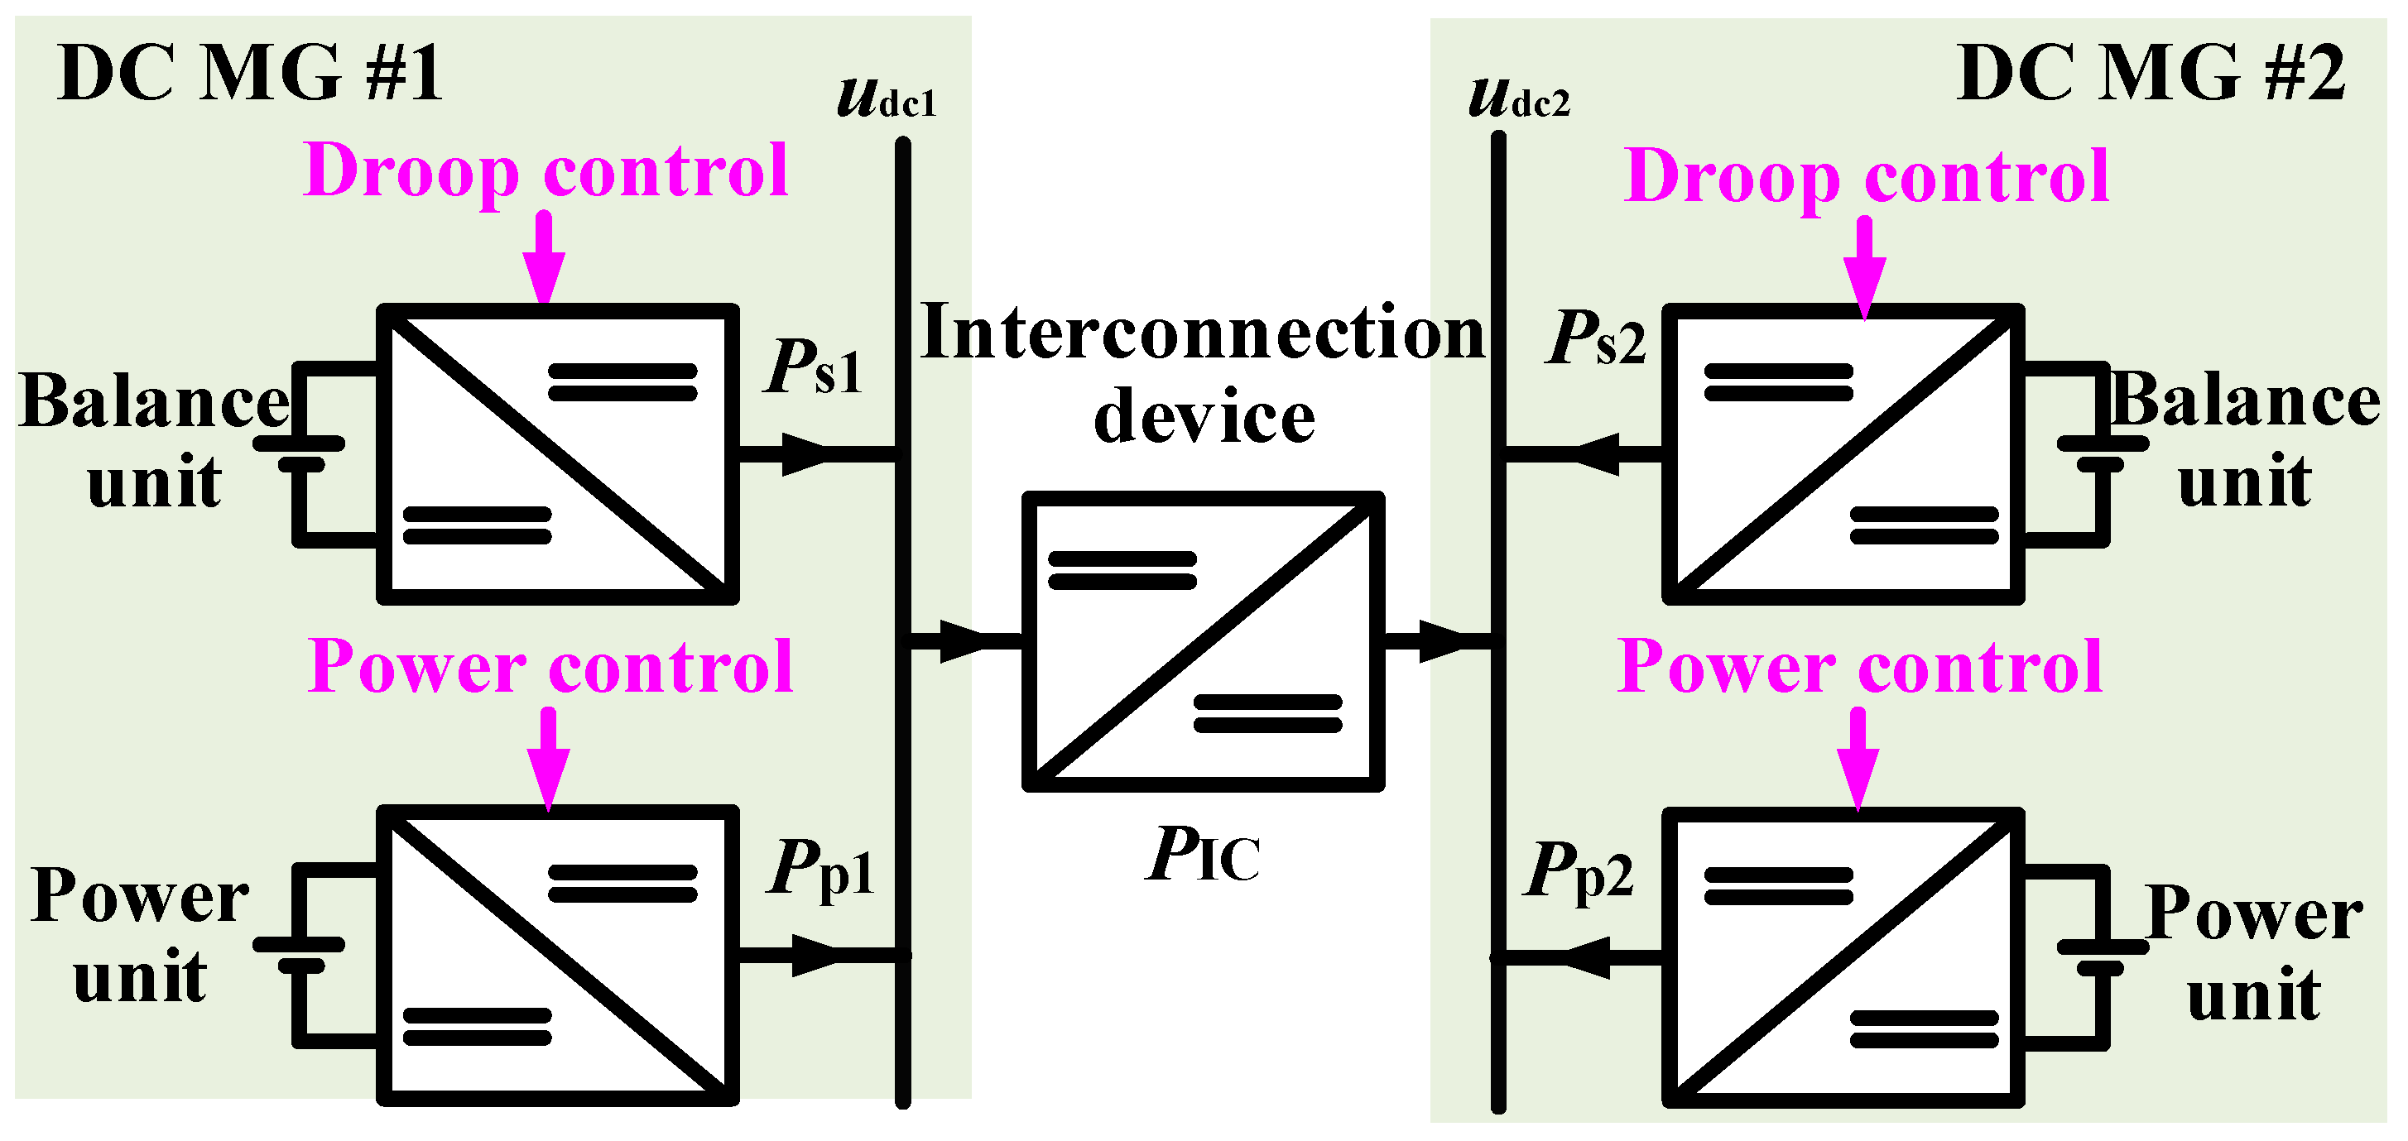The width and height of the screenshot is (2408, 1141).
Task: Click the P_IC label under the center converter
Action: coord(1203,855)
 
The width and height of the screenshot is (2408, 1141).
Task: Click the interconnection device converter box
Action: coord(1203,641)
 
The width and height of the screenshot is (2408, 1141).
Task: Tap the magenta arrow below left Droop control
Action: coord(544,257)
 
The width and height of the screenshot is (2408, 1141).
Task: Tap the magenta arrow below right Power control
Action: coord(1858,757)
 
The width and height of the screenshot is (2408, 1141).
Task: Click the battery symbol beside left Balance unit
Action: coord(300,453)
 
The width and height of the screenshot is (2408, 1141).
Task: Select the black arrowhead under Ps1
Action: coord(804,454)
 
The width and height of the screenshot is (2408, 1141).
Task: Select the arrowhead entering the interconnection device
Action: coord(963,641)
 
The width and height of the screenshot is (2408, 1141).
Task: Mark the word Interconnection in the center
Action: coord(1203,333)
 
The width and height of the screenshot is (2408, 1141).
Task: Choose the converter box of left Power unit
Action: coord(558,955)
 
